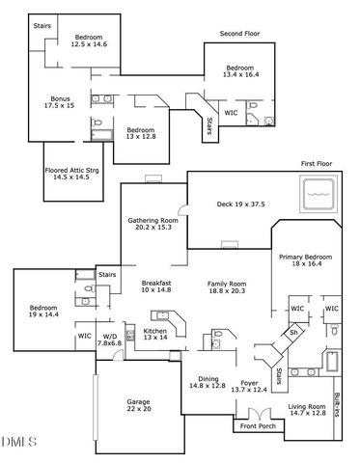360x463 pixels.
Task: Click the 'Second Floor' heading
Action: tap(240, 33)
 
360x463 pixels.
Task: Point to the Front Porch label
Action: tap(258, 425)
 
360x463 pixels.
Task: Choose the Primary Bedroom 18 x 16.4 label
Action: tap(306, 261)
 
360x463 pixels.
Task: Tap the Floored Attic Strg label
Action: tap(71, 174)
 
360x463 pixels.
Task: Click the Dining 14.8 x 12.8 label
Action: tap(207, 382)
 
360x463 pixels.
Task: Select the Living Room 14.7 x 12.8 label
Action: tap(308, 411)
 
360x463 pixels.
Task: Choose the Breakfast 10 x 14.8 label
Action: tap(155, 286)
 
